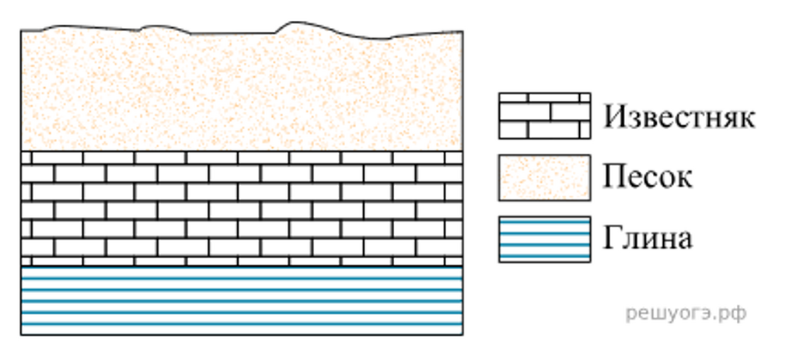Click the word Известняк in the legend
pos(679,117)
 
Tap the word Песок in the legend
pos(648,178)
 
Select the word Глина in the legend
pos(648,239)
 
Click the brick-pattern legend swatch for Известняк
pos(544,116)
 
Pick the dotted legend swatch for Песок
pos(544,178)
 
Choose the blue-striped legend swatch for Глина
pos(544,239)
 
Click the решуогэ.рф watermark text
pos(686,314)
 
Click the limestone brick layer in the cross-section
pos(242,208)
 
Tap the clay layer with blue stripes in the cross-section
pos(242,301)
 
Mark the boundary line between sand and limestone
pos(242,151)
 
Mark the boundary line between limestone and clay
pos(242,266)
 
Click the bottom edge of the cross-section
pos(242,334)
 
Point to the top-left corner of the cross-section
pos(21,31)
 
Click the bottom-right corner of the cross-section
pos(463,334)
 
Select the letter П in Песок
pos(615,177)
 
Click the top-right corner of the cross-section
pos(463,31)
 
